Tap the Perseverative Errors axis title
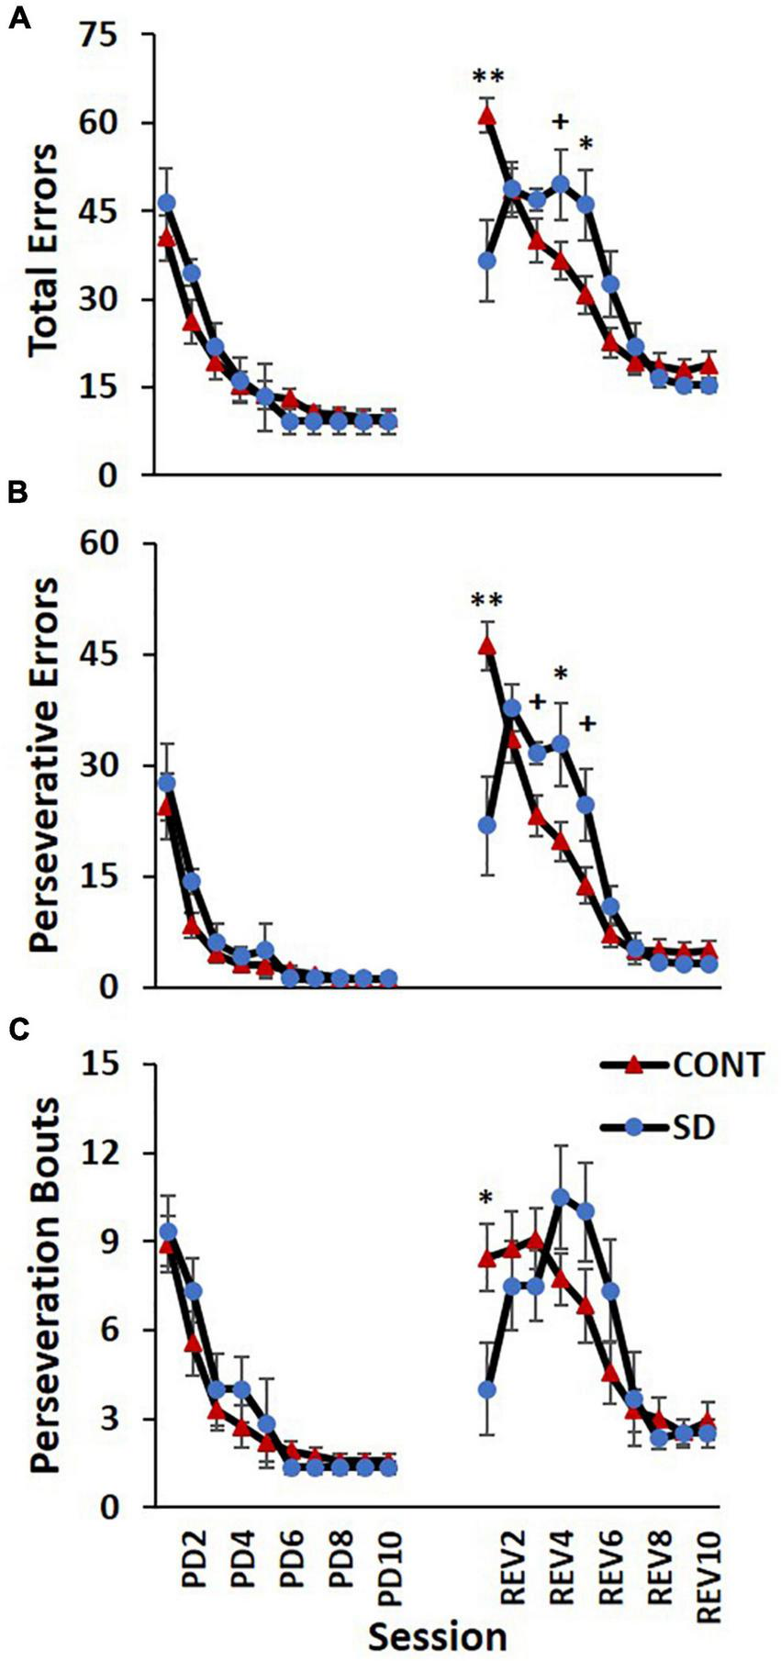44,767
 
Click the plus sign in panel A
561,121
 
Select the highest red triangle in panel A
486,116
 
